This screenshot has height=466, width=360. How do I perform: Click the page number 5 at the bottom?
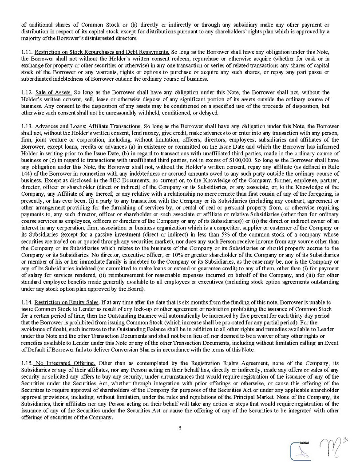180,428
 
